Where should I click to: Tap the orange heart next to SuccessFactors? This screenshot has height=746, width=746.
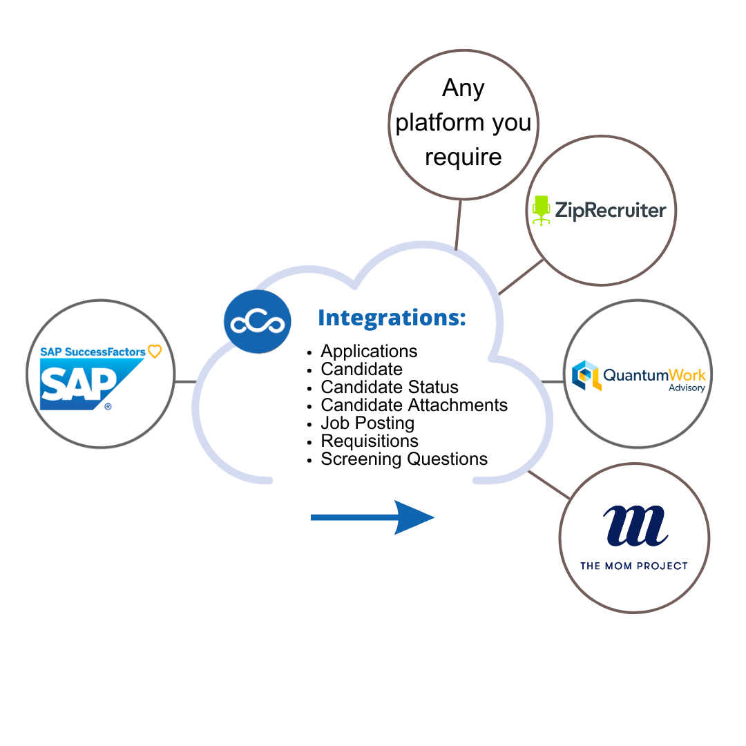[155, 352]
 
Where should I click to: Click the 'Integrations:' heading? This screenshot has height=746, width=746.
[392, 318]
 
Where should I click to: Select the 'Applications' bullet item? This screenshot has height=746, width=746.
[369, 352]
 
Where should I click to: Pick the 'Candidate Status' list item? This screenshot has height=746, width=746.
[390, 388]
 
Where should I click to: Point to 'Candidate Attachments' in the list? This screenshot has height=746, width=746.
[414, 405]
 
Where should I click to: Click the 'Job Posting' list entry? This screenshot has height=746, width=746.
[367, 423]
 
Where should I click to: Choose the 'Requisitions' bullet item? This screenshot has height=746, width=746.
[370, 441]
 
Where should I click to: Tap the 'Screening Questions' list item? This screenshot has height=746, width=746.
[404, 459]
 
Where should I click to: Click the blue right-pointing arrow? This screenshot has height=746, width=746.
[373, 517]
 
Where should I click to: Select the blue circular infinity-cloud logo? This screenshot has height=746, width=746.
[258, 323]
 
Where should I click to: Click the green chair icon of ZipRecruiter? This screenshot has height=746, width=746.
[541, 210]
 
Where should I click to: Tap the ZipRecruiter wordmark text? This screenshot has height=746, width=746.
[611, 210]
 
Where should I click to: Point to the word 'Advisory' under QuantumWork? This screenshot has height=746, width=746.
[687, 388]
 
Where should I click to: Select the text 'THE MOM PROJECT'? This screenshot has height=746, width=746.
[633, 566]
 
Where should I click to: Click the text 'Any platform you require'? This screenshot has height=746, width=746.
[463, 122]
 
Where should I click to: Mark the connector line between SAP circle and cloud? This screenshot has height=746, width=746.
[185, 381]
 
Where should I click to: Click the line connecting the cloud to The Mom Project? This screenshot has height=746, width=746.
[549, 485]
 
